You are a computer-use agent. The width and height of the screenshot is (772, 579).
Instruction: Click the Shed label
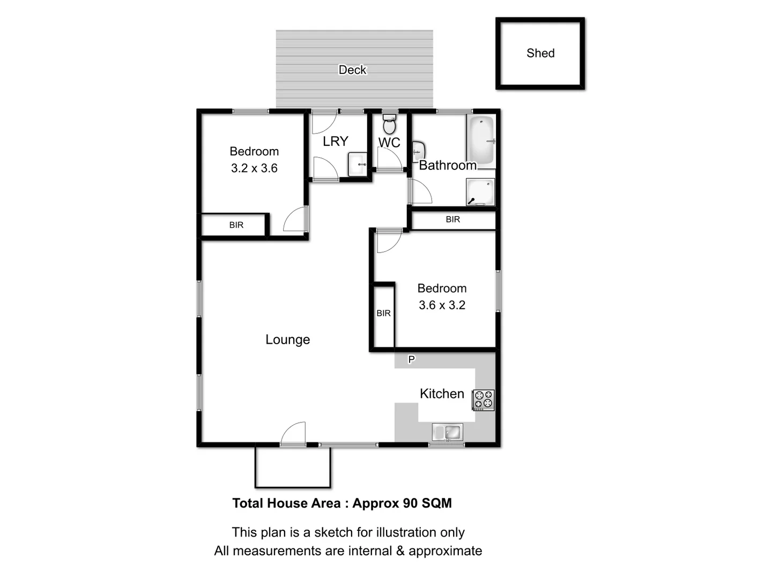point(540,53)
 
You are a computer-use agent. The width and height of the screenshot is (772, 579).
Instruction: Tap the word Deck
point(352,70)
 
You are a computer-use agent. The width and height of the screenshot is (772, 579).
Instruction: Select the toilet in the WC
point(390,125)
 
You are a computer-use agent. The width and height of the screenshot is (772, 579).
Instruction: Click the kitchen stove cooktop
point(483,400)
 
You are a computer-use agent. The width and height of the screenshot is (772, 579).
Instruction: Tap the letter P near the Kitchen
point(411,359)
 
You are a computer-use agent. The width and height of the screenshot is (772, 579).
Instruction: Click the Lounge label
point(287,339)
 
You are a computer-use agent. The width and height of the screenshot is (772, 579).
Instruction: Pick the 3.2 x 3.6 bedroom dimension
point(254,168)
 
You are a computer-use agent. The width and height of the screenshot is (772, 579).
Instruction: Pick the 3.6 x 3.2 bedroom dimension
point(442,305)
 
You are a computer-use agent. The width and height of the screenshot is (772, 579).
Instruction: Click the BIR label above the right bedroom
point(452,219)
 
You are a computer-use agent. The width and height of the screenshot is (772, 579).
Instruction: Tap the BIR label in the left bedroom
point(236,225)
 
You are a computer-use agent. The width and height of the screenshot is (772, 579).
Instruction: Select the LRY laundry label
point(336,141)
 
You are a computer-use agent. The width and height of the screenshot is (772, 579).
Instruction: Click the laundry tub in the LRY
point(358,164)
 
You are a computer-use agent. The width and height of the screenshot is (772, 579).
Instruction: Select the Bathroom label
point(448,165)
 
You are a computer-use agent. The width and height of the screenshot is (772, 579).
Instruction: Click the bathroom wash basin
point(418,151)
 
